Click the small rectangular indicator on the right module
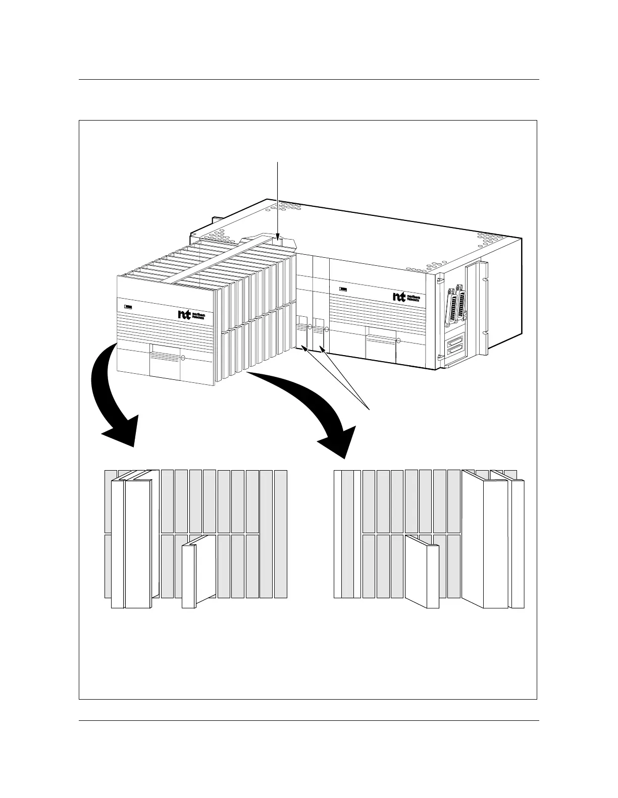[343, 290]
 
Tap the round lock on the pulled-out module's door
[183, 359]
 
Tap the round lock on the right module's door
[398, 341]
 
